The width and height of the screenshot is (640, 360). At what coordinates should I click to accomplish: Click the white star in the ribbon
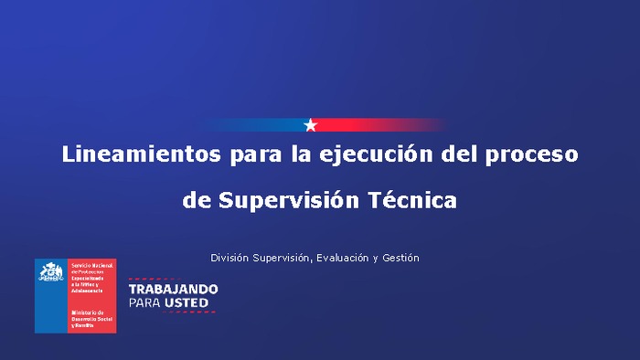coord(311,125)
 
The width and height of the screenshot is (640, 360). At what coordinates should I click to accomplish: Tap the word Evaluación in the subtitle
coord(343,258)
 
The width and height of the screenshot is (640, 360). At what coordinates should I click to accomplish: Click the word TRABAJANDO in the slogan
coord(173,289)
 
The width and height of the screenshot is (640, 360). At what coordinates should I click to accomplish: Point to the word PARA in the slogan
coord(144,302)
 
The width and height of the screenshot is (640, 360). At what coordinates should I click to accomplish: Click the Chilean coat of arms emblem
coord(51,272)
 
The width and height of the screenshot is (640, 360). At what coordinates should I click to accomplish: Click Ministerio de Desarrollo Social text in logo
coord(91,318)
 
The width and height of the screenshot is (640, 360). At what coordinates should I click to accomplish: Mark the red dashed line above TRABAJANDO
coord(173,278)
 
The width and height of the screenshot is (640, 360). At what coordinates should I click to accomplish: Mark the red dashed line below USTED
coord(173,312)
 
